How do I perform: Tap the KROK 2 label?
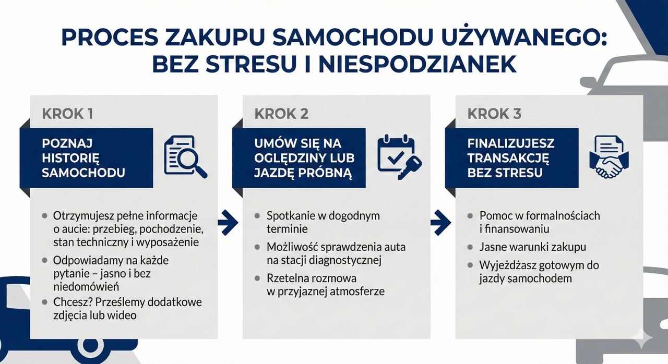point(281,114)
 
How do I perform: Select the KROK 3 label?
point(494,114)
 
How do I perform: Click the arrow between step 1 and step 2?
point(228,223)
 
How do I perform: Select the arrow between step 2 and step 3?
point(440,223)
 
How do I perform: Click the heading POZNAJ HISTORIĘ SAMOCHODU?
point(83,158)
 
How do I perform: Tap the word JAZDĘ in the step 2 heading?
point(278,173)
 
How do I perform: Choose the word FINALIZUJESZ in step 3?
point(510,143)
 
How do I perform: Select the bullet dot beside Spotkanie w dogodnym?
point(257,216)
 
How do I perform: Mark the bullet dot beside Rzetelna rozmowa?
point(257,278)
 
